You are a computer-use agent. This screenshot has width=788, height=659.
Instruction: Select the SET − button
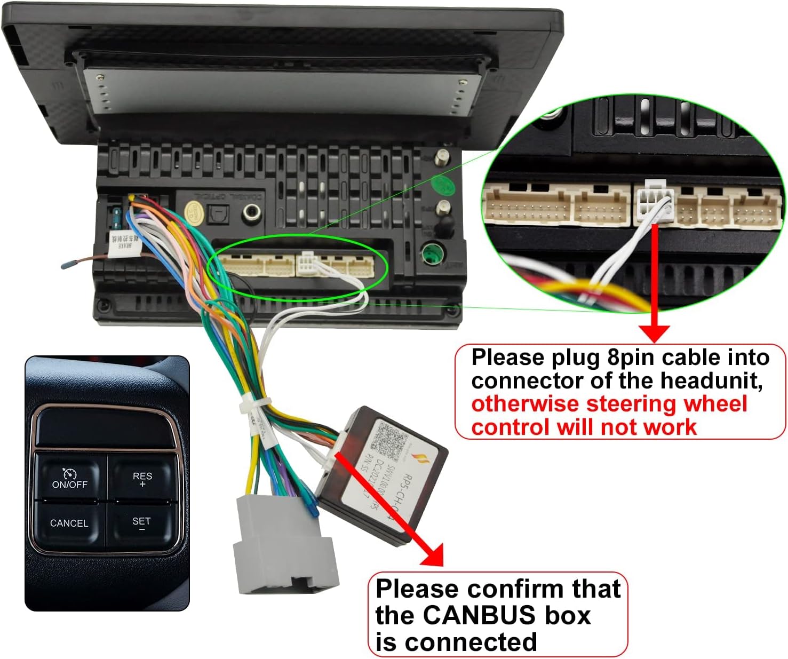click(141, 523)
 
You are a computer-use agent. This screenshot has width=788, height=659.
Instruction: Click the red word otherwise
click(523, 404)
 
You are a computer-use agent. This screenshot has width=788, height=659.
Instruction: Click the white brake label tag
click(121, 244)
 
